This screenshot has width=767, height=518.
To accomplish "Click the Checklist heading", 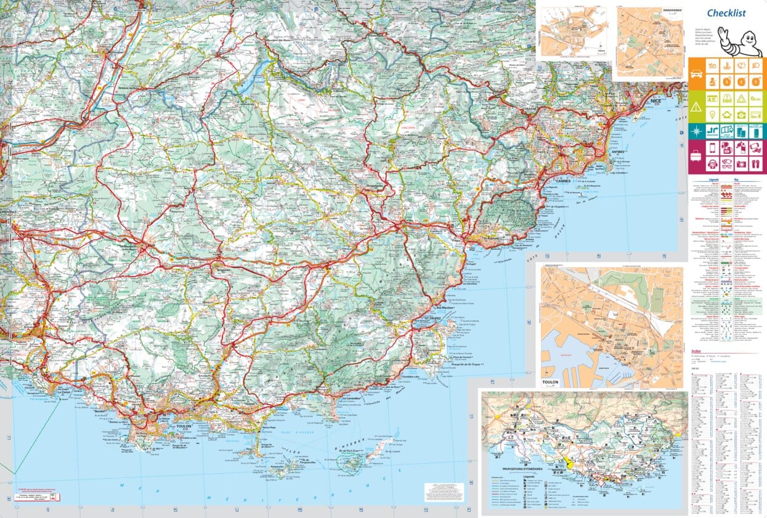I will coord(726,13).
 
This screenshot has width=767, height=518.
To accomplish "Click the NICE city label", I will coord(647,104).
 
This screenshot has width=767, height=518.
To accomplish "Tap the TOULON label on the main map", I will coord(184,426).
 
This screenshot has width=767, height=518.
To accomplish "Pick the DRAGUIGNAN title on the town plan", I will coord(672,10).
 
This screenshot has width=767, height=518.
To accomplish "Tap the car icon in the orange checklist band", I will coord(696,72).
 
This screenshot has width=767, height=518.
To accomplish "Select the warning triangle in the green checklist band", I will coord(696,107).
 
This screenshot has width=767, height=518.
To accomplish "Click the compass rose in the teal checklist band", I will coord(696,131).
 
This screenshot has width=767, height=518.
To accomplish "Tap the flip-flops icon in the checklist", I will coord(755,164).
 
